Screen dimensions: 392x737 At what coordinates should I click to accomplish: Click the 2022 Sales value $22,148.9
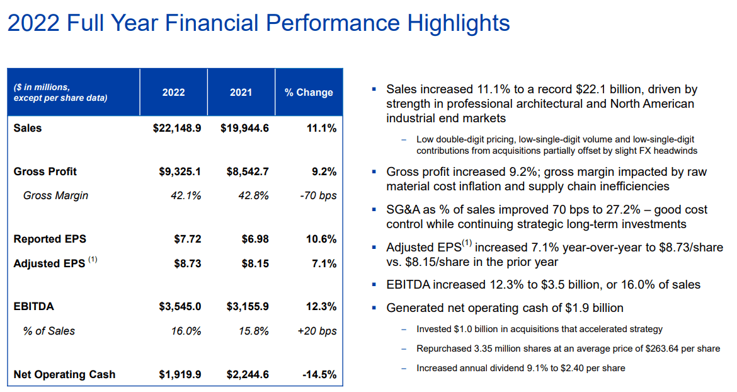point(177,128)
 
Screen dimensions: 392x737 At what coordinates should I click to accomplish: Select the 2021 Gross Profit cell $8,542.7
point(244,171)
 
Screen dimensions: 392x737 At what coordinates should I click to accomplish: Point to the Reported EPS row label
point(50,239)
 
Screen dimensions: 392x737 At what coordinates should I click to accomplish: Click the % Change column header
point(309,92)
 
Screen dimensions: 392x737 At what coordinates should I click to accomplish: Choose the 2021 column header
point(241,92)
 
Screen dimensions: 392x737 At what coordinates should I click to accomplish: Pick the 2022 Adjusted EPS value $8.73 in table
point(188,263)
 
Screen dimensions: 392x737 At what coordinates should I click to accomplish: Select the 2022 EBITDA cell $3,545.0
point(180,307)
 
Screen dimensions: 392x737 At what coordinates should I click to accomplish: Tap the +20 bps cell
point(317,331)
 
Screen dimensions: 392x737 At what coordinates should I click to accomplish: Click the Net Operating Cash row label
point(64,374)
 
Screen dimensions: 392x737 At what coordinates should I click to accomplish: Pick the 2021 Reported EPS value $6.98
point(255,239)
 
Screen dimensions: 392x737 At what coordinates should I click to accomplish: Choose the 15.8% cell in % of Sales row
point(254,331)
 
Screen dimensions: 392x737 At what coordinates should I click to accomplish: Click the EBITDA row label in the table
point(34,307)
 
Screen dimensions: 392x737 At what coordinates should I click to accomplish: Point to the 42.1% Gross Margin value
point(186,195)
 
